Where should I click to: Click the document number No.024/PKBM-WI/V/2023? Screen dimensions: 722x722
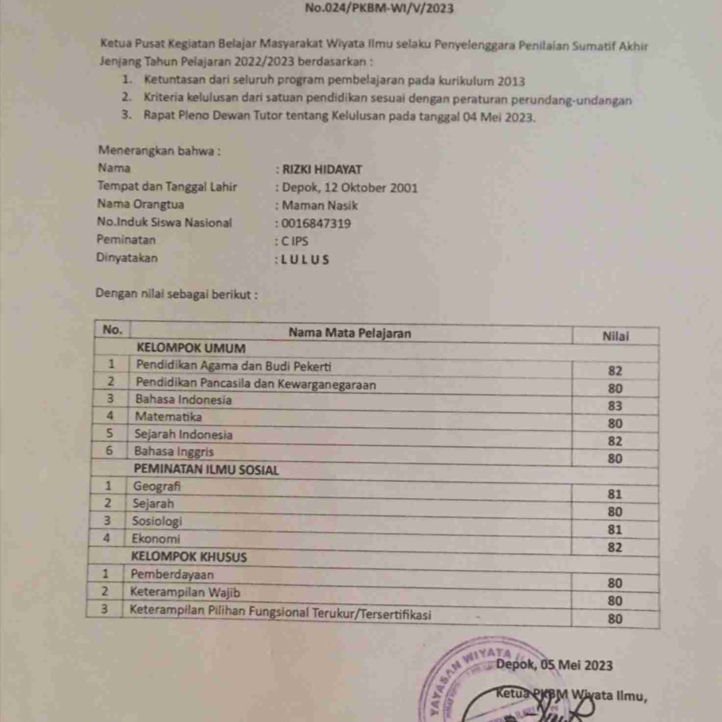click(x=379, y=8)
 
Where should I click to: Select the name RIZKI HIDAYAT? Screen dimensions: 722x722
click(x=322, y=170)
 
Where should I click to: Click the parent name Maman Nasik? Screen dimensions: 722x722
click(x=320, y=205)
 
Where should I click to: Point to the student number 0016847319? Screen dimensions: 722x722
click(x=316, y=224)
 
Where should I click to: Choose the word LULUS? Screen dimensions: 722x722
click(x=305, y=260)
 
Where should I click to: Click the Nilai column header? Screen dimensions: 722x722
click(x=615, y=336)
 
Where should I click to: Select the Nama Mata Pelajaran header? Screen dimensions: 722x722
click(x=349, y=333)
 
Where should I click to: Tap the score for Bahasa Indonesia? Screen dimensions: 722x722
click(x=615, y=406)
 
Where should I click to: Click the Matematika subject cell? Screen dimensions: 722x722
click(x=168, y=417)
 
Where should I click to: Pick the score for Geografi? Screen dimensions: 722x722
click(x=615, y=494)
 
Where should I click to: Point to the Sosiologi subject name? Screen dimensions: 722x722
click(x=157, y=521)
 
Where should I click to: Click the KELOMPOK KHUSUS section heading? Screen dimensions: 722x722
click(x=189, y=557)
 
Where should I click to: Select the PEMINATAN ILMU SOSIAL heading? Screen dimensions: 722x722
click(x=206, y=470)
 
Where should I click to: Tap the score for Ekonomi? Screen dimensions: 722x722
click(x=615, y=547)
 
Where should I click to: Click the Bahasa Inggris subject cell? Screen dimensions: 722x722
click(x=174, y=451)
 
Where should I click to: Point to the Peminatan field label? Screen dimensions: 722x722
click(x=126, y=240)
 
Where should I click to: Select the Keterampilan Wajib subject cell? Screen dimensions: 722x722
click(x=185, y=592)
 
